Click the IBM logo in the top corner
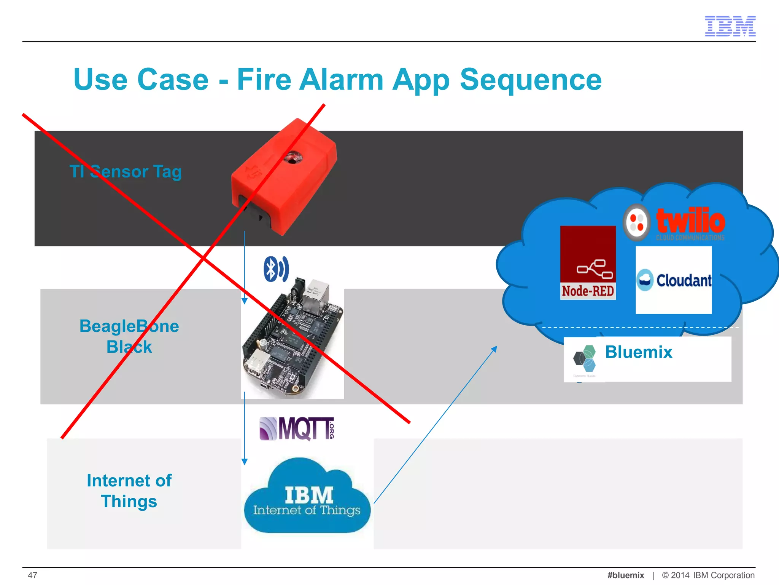coord(730,26)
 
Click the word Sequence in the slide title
coord(531,80)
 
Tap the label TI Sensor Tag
coord(126,171)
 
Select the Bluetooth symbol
coord(276,269)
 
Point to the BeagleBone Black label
coord(129,336)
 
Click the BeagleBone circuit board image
coord(292,343)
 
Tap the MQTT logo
coord(297,428)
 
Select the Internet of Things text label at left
coord(129,491)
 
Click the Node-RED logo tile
coord(588,263)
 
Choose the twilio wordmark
coord(690,221)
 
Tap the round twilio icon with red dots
coord(637,222)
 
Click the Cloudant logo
coord(674,280)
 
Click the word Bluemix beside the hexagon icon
coord(639,352)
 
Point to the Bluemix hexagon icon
coord(585,358)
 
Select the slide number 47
coord(32,575)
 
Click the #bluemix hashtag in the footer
coord(626,575)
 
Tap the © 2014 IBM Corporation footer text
coord(708,575)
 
